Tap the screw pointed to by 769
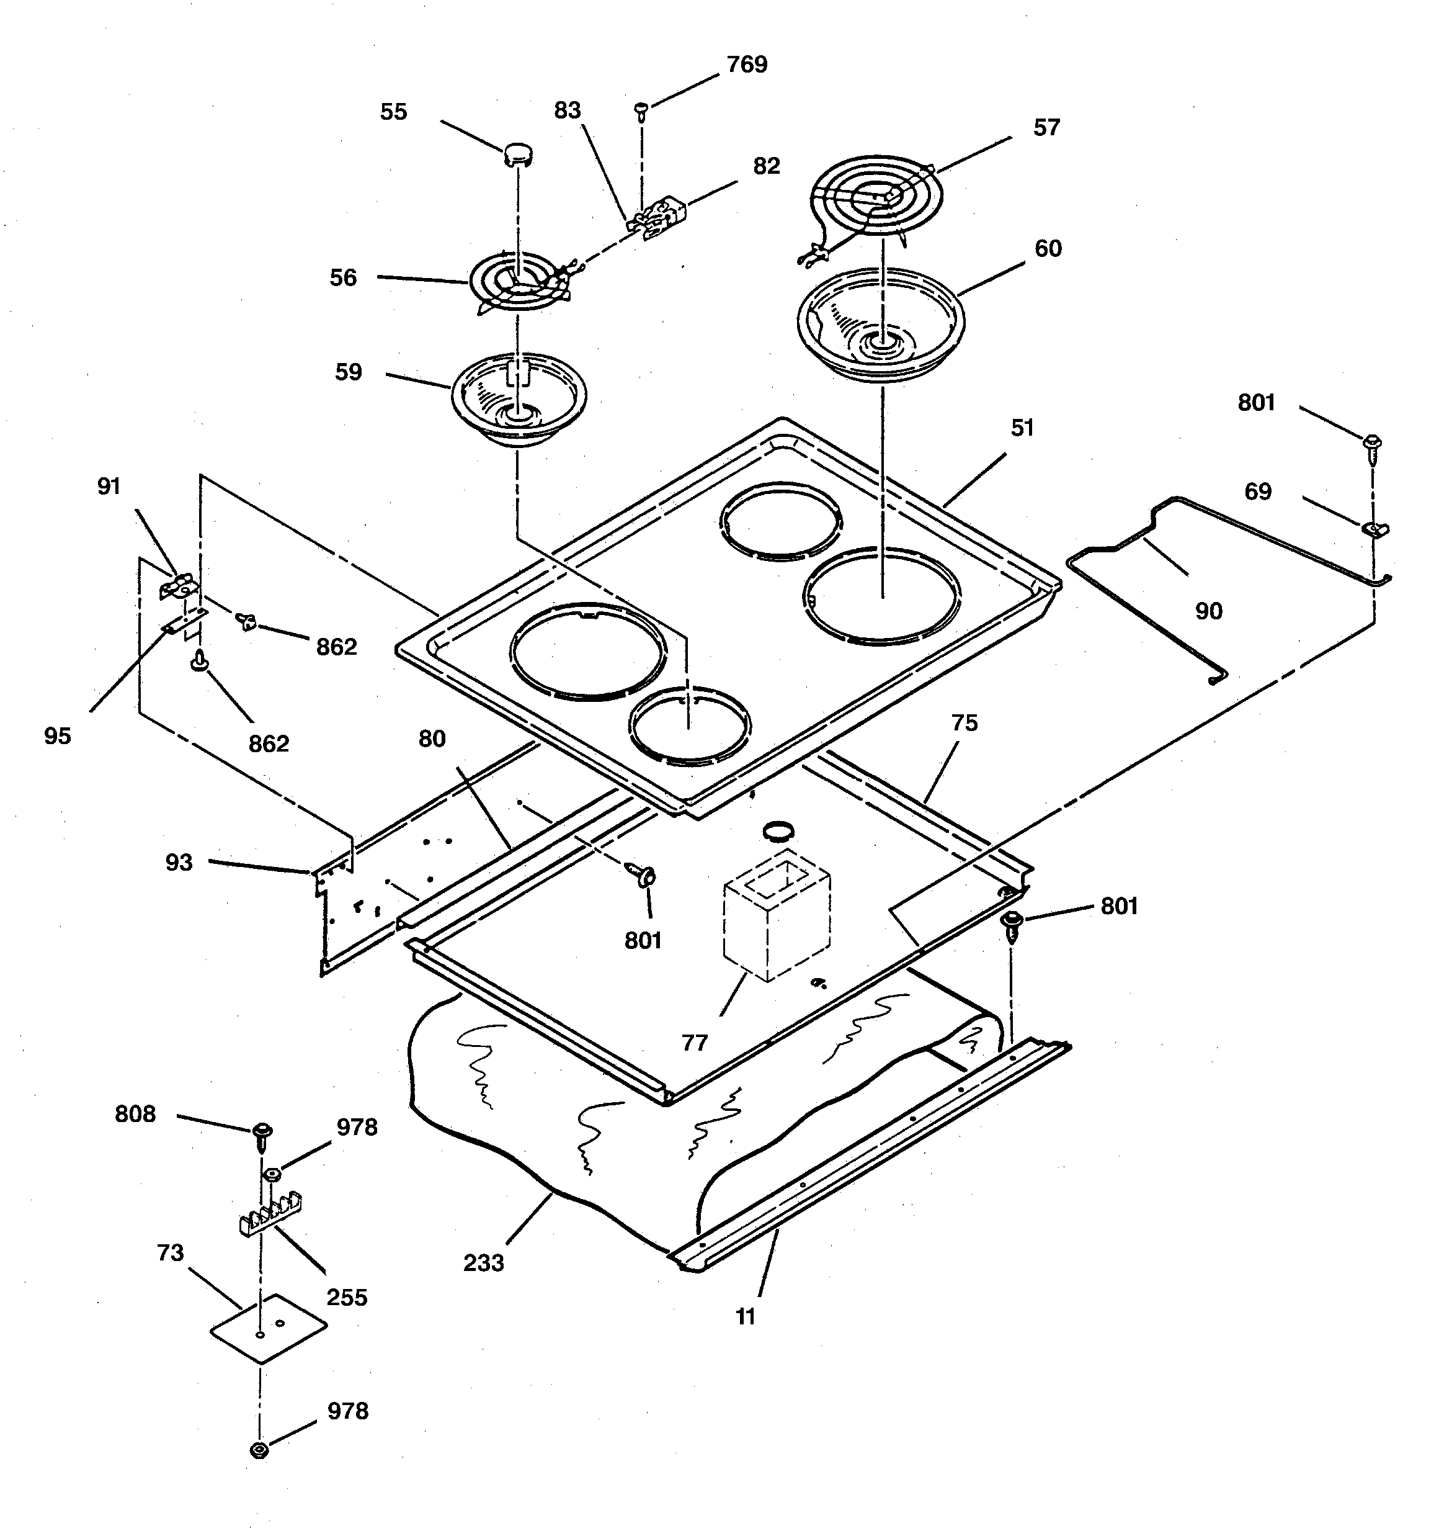(x=640, y=113)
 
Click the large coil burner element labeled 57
(x=876, y=193)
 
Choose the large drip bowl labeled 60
(x=881, y=325)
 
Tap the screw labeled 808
(x=261, y=1132)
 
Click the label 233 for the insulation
(x=484, y=1262)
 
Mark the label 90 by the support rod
(x=1208, y=611)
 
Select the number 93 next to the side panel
(x=179, y=862)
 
